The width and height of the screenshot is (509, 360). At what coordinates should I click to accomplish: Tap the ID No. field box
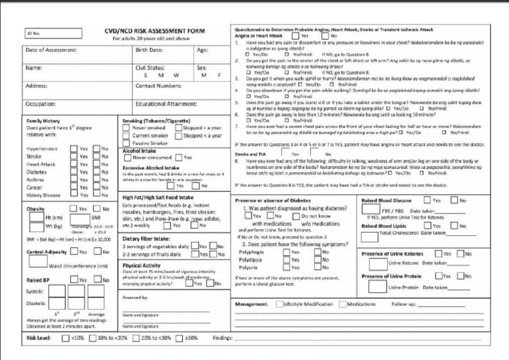pyautogui.click(x=47, y=33)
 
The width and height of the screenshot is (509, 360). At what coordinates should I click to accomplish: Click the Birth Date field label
pyautogui.click(x=149, y=50)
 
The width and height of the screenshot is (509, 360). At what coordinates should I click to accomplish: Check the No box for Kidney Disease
pyautogui.click(x=96, y=195)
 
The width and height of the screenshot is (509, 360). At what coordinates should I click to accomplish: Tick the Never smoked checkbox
pyautogui.click(x=127, y=128)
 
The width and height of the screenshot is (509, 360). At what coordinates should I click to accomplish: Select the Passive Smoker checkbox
pyautogui.click(x=127, y=143)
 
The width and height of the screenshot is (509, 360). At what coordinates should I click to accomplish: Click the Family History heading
pyautogui.click(x=43, y=121)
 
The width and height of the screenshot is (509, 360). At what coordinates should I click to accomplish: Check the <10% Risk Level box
pyautogui.click(x=66, y=338)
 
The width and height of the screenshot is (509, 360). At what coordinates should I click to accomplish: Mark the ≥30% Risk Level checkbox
pyautogui.click(x=179, y=338)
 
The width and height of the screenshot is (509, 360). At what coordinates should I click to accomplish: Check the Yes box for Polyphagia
pyautogui.click(x=286, y=252)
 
